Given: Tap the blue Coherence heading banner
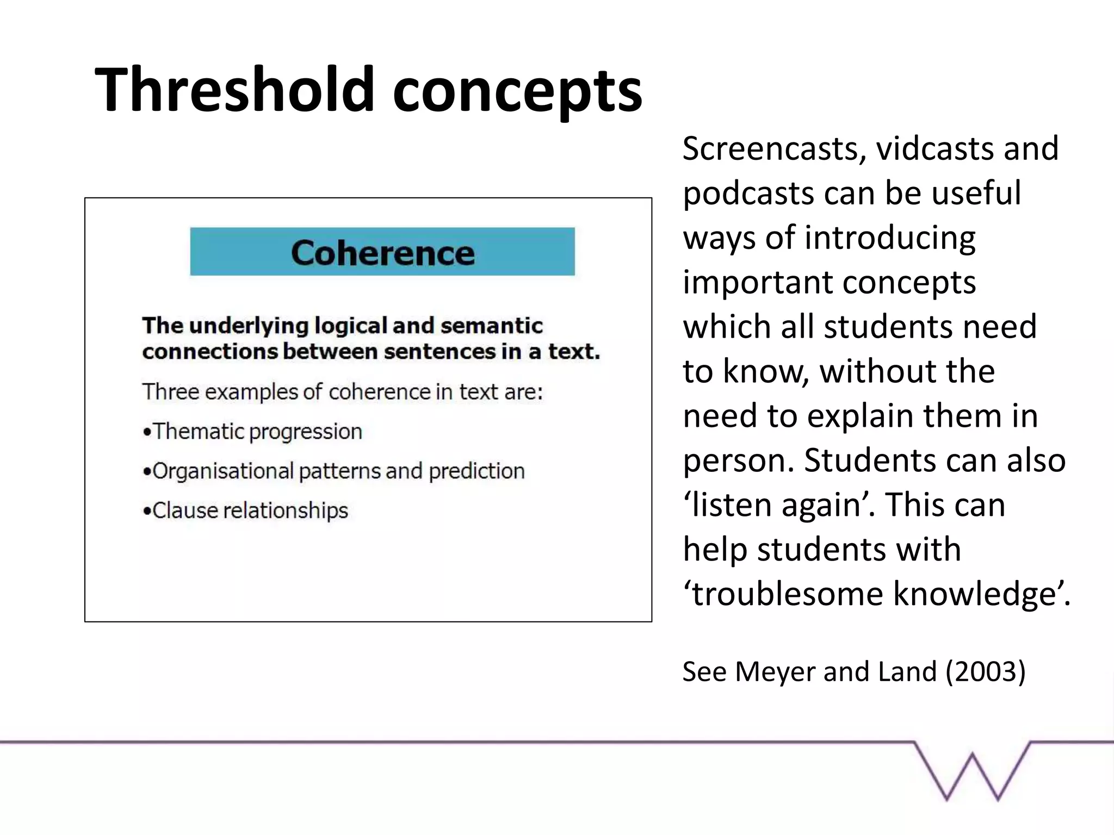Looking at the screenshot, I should (382, 252).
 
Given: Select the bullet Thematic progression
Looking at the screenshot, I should (253, 432).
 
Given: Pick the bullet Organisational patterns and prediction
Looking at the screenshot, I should (334, 471).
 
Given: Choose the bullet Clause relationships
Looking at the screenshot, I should (246, 511).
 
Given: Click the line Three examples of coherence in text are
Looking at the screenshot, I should (343, 392).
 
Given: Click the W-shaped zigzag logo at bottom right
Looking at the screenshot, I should (972, 771).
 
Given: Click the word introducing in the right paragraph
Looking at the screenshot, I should (890, 239).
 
